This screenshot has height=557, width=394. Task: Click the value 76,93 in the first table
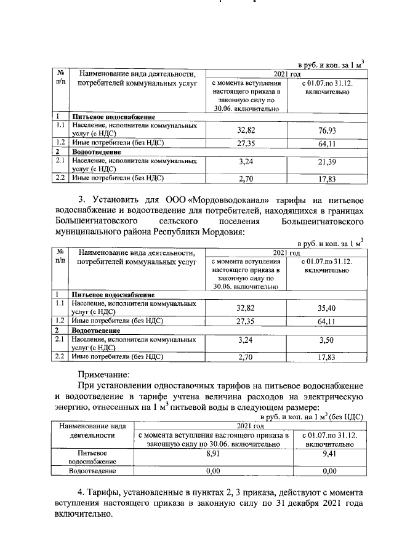(x=328, y=131)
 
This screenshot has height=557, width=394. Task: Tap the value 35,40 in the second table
(x=328, y=308)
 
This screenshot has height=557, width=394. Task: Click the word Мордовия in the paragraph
(x=224, y=233)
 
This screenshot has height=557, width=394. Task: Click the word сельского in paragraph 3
(x=175, y=222)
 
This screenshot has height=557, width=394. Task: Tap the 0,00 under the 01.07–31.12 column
(x=330, y=471)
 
